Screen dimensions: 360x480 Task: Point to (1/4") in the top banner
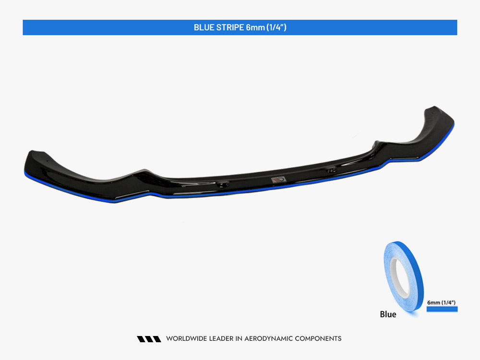point(278,27)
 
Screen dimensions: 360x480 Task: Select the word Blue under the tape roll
point(388,314)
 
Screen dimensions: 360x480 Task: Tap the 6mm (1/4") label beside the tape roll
point(441,302)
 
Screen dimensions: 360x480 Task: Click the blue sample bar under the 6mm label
point(442,309)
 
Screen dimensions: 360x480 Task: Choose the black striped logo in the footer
point(149,339)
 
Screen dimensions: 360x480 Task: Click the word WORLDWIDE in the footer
point(186,339)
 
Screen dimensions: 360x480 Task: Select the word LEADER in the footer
point(220,339)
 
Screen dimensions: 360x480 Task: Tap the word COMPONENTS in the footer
point(318,339)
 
